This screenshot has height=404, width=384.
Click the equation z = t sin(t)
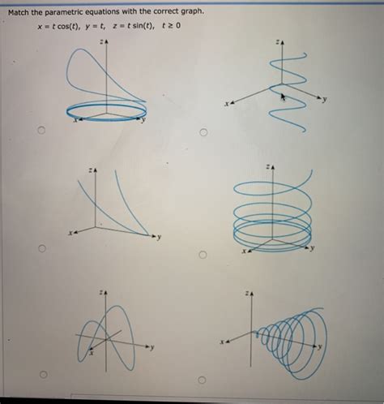tap(143, 28)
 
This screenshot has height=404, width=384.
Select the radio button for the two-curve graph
tap(41, 250)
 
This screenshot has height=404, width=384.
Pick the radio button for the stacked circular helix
tap(203, 256)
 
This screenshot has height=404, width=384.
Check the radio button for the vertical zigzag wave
tap(203, 131)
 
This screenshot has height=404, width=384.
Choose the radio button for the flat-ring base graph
tap(40, 131)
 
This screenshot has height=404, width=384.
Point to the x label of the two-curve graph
tap(70, 234)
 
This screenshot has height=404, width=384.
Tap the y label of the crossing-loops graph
tap(151, 347)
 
